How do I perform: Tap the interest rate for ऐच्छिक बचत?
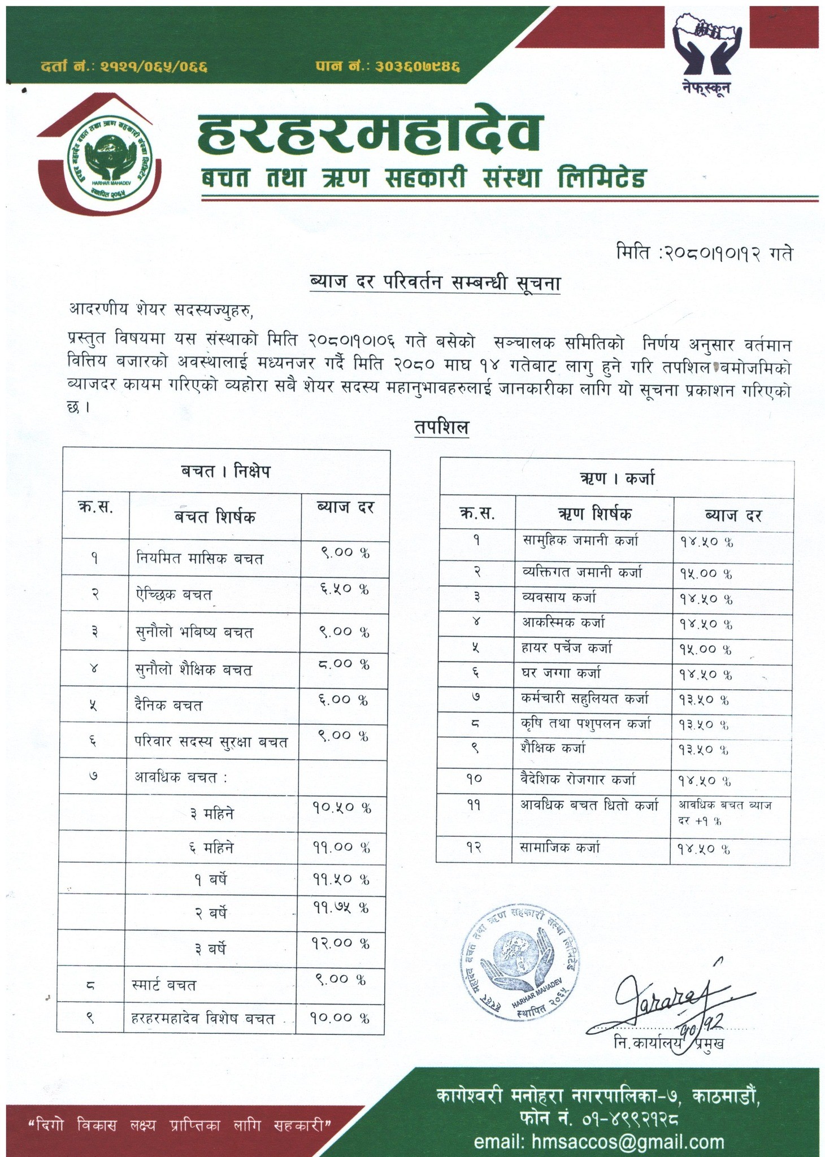pyautogui.click(x=341, y=589)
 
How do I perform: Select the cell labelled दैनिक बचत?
pyautogui.click(x=169, y=706)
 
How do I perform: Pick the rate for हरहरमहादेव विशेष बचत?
pyautogui.click(x=339, y=1018)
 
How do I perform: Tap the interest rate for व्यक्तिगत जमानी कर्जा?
pyautogui.click(x=705, y=573)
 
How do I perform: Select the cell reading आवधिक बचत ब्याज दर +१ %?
pyautogui.click(x=725, y=812)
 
